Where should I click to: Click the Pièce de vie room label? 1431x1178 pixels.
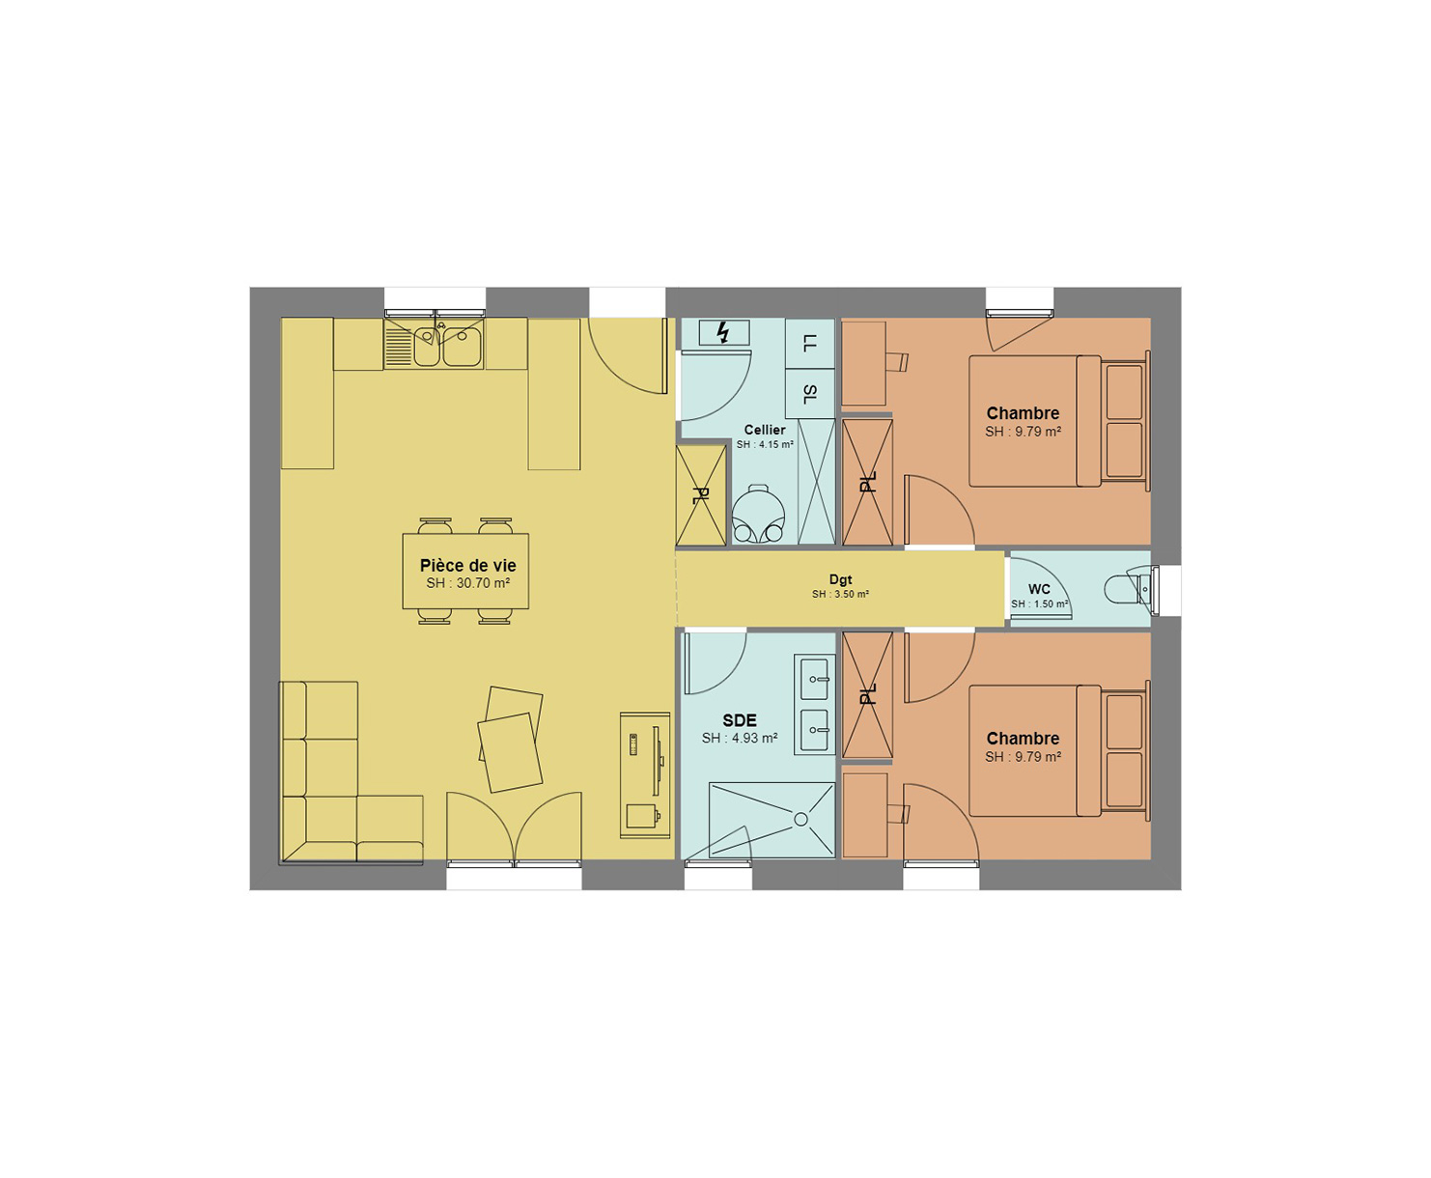tap(467, 565)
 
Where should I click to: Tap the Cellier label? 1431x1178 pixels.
tap(765, 430)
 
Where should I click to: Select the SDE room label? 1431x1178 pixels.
tap(740, 720)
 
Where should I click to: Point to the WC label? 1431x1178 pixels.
tap(1039, 589)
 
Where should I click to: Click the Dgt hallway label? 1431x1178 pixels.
tap(841, 579)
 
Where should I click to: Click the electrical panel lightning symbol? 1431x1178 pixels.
tap(723, 332)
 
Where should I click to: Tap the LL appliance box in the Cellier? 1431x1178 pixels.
tap(809, 344)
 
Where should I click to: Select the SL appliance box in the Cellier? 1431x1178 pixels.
tap(809, 394)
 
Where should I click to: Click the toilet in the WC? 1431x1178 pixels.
tap(1129, 588)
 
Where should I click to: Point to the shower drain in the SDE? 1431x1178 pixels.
tap(800, 819)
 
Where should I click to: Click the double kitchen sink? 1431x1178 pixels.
tap(434, 344)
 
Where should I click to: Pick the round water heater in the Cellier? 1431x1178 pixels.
tap(759, 513)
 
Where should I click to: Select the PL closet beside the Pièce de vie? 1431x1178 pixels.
tap(701, 495)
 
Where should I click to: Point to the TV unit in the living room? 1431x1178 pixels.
tap(645, 775)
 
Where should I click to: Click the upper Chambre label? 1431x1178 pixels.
tap(1023, 412)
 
